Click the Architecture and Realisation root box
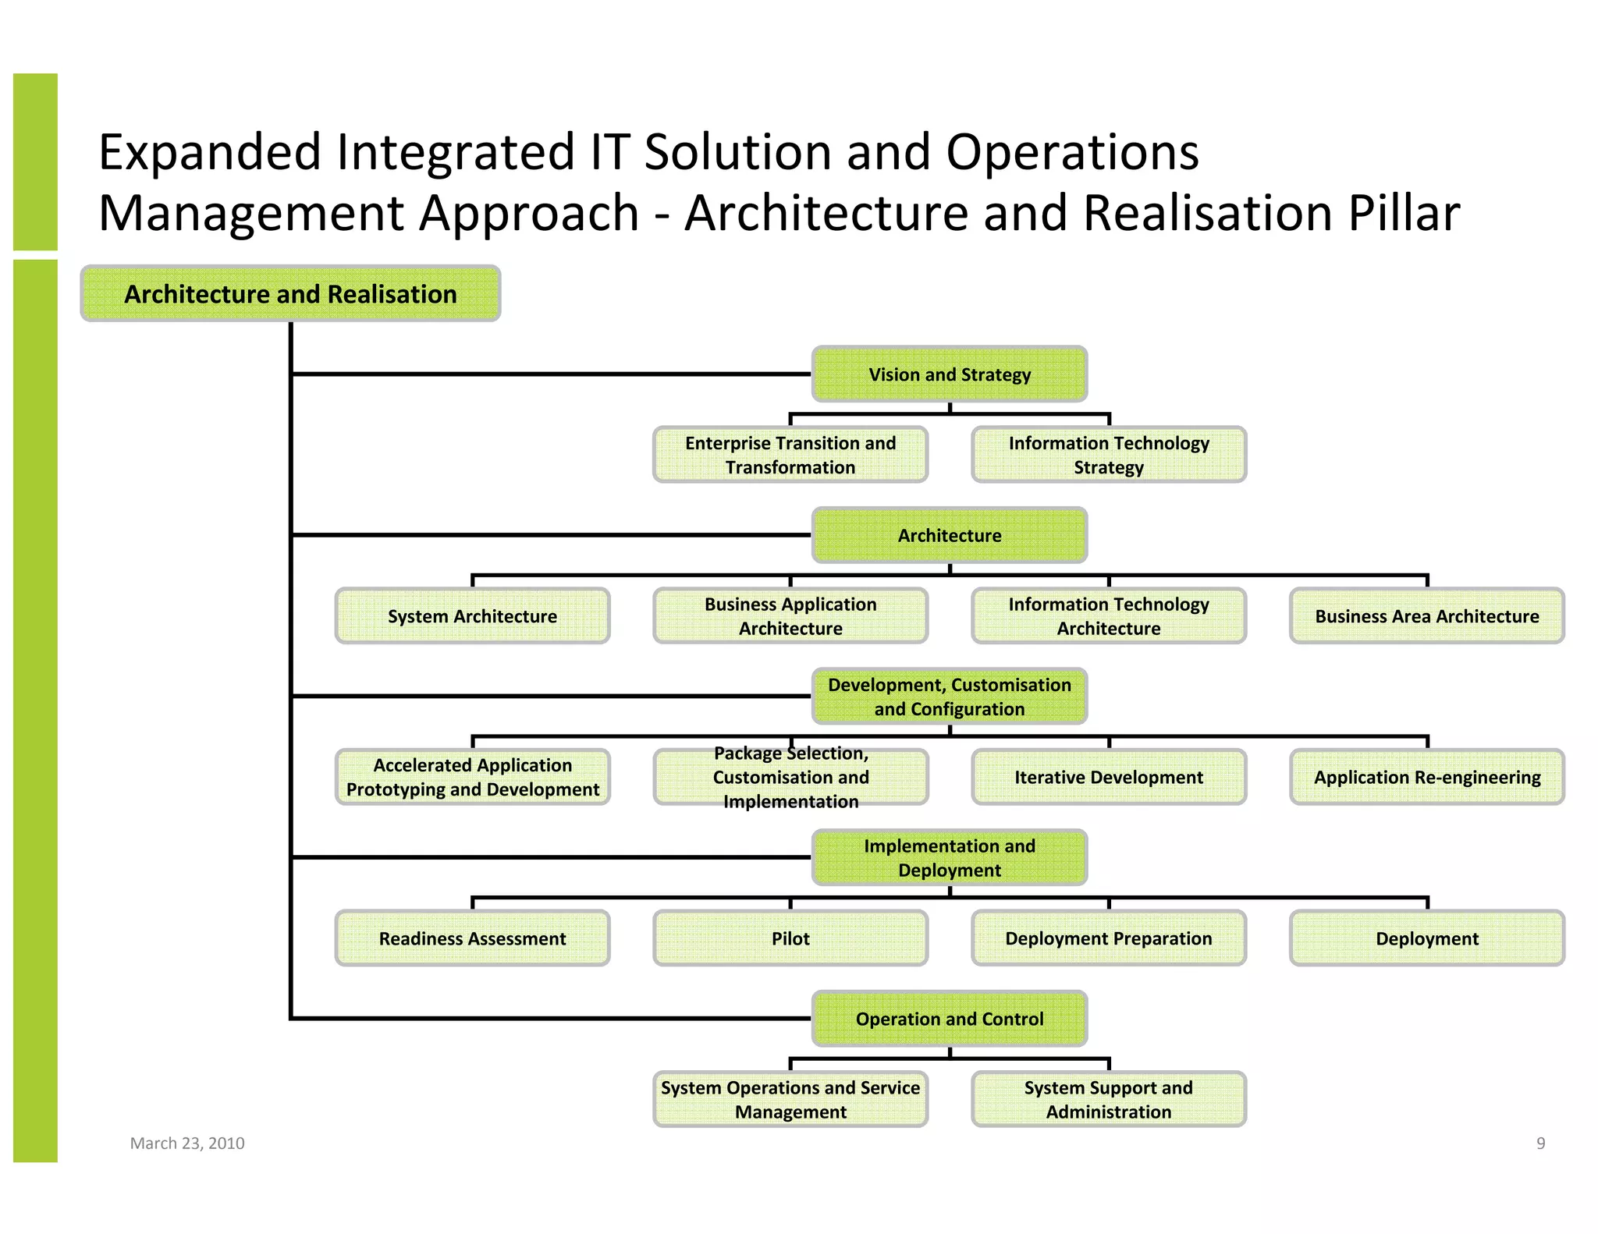click(290, 294)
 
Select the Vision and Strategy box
click(949, 374)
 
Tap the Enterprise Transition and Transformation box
click(790, 455)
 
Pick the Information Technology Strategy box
click(1108, 455)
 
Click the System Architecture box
click(472, 616)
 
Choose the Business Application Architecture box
click(790, 616)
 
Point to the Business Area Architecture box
click(1426, 616)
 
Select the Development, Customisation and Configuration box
click(949, 697)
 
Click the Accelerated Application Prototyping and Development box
click(472, 777)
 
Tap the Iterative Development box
click(1108, 777)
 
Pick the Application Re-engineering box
click(1426, 777)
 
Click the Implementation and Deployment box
click(949, 857)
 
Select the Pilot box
click(790, 938)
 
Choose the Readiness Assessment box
click(472, 938)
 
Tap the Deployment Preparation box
click(1108, 938)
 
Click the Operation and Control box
click(949, 1019)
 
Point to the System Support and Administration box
click(1108, 1099)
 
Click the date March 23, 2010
click(187, 1143)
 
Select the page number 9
click(1540, 1143)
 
